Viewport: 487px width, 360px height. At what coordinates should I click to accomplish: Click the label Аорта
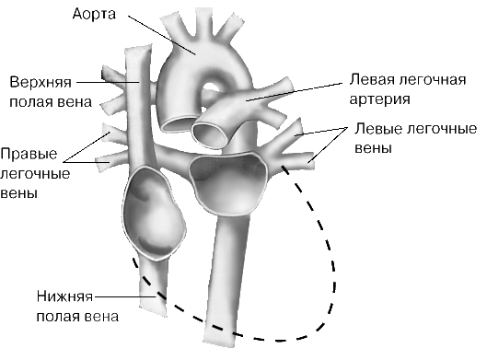click(94, 15)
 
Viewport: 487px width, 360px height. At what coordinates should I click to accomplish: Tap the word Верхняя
click(41, 82)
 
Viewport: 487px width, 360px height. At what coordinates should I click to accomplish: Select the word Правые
click(29, 154)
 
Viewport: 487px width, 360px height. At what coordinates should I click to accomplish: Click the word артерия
click(380, 99)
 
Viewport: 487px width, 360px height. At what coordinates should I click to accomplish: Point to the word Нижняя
click(64, 296)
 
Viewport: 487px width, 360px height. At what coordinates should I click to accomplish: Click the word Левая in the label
click(371, 80)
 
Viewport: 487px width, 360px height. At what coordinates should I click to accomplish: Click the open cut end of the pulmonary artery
click(211, 133)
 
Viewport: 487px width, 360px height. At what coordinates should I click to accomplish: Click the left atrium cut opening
click(228, 182)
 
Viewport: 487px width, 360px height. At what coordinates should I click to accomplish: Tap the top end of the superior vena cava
click(138, 47)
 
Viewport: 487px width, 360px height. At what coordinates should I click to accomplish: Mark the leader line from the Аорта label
click(162, 35)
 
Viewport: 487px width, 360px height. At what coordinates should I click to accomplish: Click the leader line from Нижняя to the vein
click(125, 297)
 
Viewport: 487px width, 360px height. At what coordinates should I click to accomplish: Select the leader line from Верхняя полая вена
click(108, 82)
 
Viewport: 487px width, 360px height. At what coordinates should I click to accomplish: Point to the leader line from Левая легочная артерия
click(294, 92)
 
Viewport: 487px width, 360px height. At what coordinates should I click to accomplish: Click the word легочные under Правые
click(35, 174)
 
